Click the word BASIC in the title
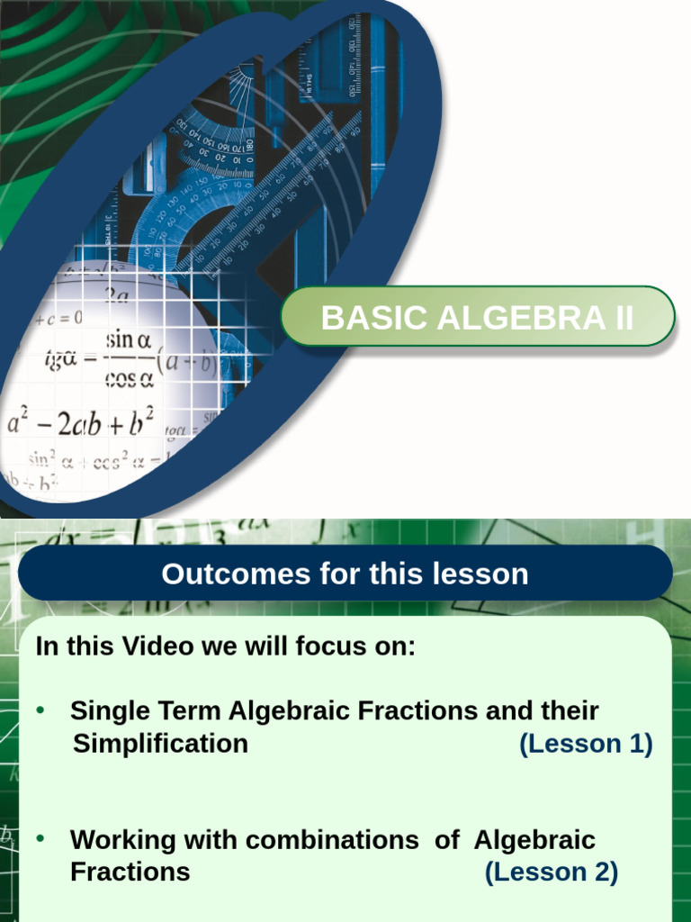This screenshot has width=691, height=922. [x=360, y=318]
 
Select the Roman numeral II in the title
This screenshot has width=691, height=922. [x=620, y=318]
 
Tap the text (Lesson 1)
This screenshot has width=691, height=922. [x=586, y=744]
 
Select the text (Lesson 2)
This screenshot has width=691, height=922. [x=551, y=872]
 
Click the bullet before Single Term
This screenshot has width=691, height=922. [x=40, y=710]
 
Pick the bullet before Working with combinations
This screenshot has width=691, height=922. [x=40, y=839]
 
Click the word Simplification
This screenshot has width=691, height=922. [x=160, y=744]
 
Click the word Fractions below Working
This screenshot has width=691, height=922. [x=130, y=872]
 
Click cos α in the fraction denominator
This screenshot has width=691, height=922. [x=130, y=378]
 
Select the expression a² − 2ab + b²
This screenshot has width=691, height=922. [x=80, y=422]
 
